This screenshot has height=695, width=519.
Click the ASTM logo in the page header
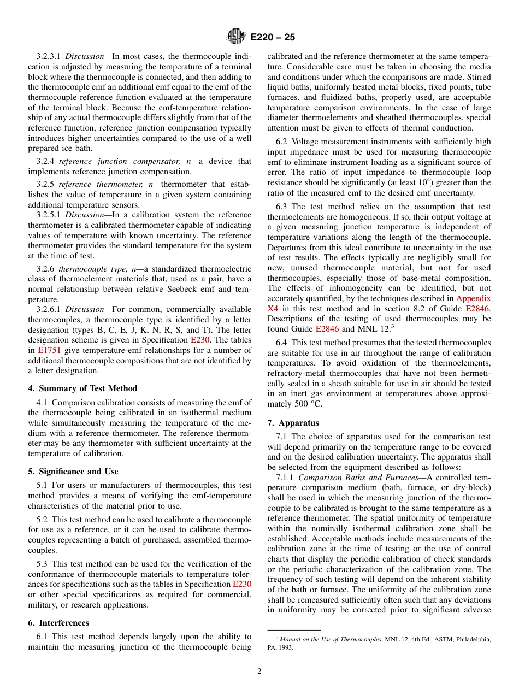236,37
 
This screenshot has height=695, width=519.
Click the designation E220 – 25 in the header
273,38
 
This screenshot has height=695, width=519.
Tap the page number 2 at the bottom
259,672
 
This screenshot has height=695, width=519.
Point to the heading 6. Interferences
58,623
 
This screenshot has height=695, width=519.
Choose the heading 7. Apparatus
293,423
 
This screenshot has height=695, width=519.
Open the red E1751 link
49,350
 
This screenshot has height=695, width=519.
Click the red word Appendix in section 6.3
473,298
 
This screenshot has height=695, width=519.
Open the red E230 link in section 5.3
242,584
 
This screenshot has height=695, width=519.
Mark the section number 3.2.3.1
49,56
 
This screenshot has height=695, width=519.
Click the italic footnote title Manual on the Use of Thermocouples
330,639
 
